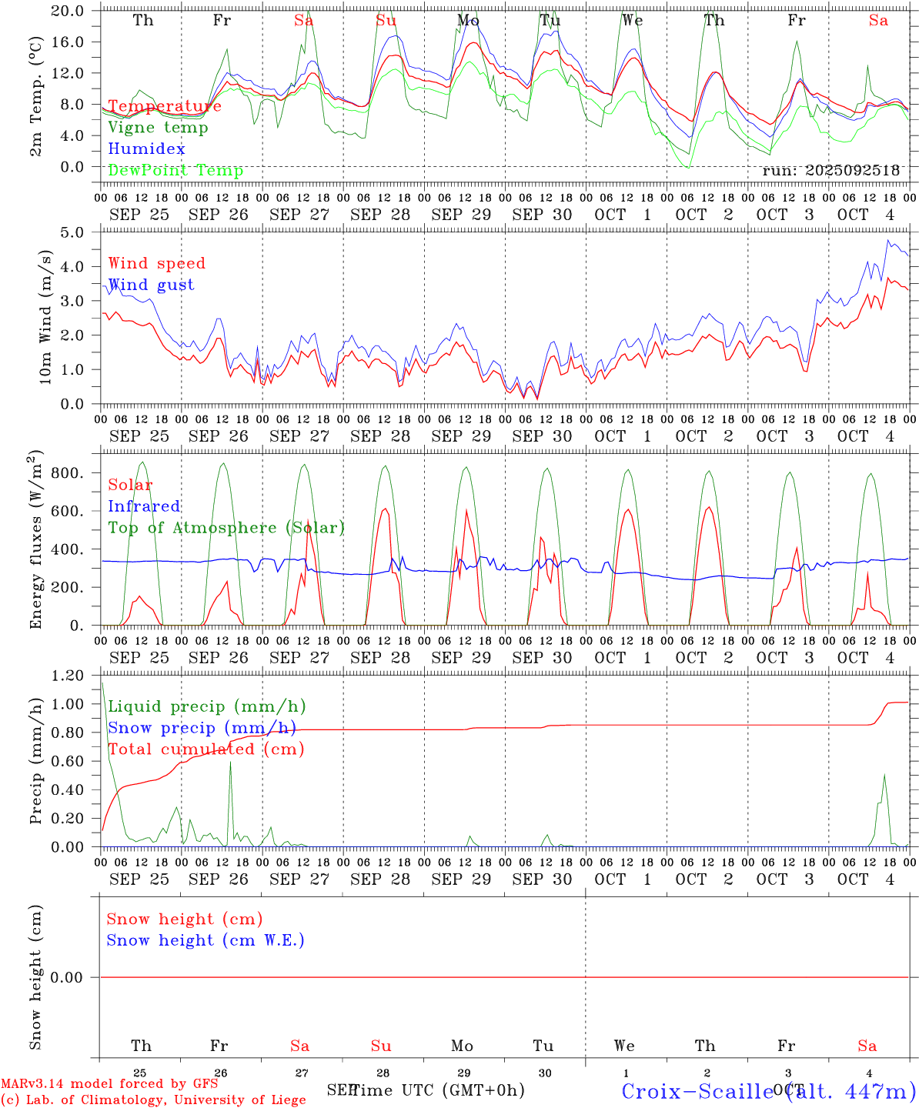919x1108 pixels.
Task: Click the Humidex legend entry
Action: click(x=146, y=149)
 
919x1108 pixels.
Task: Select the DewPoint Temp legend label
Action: click(x=175, y=171)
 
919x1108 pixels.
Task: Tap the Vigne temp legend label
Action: click(x=158, y=128)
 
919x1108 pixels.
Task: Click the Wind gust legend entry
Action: click(x=151, y=285)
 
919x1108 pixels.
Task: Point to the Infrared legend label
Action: click(x=144, y=506)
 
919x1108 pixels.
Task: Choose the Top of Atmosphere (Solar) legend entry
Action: click(x=226, y=528)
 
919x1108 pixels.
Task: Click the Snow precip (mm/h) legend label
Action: click(x=202, y=728)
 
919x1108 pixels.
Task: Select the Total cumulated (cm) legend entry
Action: click(x=206, y=749)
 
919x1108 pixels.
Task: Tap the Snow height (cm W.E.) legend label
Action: click(x=206, y=940)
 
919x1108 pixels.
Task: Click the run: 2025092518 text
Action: click(x=830, y=171)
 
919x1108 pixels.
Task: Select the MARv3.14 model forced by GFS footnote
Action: click(x=109, y=1083)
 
